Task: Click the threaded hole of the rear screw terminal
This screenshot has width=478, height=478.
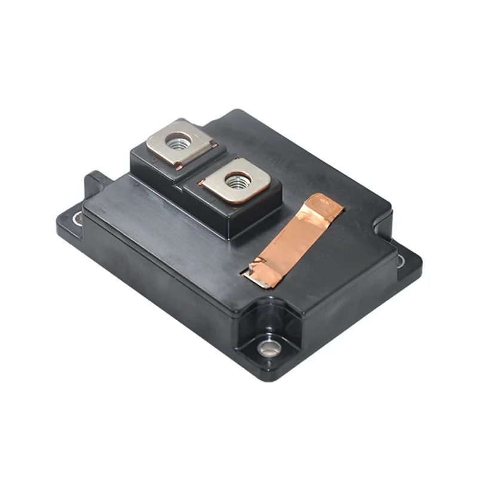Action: pyautogui.click(x=177, y=143)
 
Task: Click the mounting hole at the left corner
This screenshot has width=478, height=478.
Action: pyautogui.click(x=77, y=219)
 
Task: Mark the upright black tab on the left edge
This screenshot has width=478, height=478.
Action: pyautogui.click(x=96, y=182)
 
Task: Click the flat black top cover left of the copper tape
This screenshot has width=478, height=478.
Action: pyautogui.click(x=179, y=233)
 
